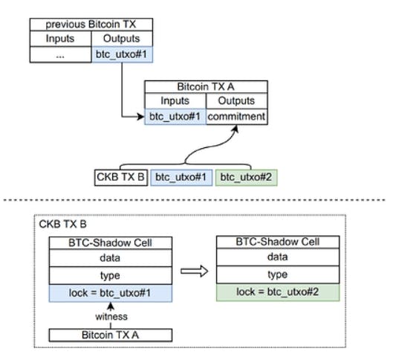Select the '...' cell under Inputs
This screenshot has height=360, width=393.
point(61,54)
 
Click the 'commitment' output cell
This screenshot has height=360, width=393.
point(236,116)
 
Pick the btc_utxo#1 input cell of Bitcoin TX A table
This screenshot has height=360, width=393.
point(175,116)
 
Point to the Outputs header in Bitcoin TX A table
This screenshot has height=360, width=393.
point(236,100)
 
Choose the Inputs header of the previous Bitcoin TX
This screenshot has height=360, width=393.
point(61,39)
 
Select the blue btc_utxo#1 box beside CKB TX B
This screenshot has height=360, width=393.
point(182,177)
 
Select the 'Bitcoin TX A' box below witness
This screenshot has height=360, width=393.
point(110,335)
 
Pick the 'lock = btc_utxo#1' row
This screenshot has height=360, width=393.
point(110,293)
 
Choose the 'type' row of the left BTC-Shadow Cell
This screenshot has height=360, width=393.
point(110,274)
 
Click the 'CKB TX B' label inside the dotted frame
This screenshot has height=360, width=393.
point(65,224)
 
